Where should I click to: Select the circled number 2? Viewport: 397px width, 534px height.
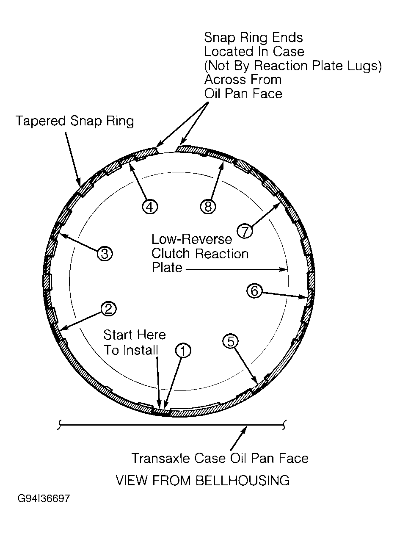click(x=108, y=309)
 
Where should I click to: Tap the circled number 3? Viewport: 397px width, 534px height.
click(x=105, y=254)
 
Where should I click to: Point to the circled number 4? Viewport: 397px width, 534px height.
click(x=150, y=207)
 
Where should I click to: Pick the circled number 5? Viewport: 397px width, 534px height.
click(x=231, y=341)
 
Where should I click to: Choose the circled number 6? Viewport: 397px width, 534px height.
click(x=254, y=291)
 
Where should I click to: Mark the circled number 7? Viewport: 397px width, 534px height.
click(x=245, y=231)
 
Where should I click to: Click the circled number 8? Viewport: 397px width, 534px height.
click(x=208, y=206)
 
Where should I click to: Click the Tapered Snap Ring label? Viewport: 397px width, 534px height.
click(x=74, y=121)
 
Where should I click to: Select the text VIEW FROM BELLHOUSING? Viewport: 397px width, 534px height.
click(x=203, y=480)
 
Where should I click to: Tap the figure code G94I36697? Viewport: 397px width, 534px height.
click(x=44, y=505)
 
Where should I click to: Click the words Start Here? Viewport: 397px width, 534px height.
click(x=135, y=335)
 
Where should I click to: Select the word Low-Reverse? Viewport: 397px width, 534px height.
click(x=192, y=239)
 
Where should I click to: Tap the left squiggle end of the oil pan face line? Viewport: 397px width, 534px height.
click(x=59, y=426)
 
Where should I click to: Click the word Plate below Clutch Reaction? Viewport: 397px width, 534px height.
click(x=167, y=268)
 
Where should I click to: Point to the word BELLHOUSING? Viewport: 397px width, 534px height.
click(x=243, y=480)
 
